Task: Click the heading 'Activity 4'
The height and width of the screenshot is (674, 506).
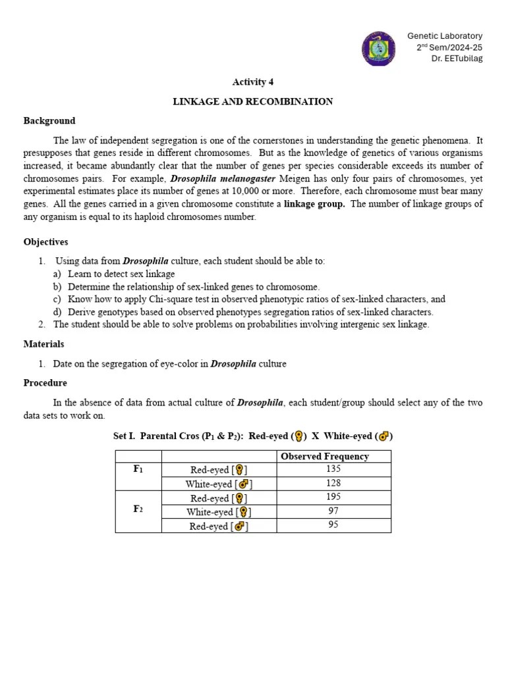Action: pyautogui.click(x=252, y=82)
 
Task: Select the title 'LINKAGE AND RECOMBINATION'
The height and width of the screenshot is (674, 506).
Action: pyautogui.click(x=252, y=101)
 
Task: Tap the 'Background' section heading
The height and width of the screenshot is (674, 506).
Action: pyautogui.click(x=49, y=120)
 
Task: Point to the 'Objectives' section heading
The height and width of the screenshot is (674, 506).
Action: pyautogui.click(x=45, y=242)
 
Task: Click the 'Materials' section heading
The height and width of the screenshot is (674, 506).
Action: pyautogui.click(x=43, y=344)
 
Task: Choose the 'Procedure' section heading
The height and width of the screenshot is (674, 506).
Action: pyautogui.click(x=45, y=382)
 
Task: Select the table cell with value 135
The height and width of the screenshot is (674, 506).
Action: pyautogui.click(x=333, y=469)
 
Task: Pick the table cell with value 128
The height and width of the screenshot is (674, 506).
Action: pyautogui.click(x=333, y=483)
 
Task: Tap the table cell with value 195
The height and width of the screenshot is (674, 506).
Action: pyautogui.click(x=333, y=497)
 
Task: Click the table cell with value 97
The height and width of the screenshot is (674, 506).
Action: pyautogui.click(x=333, y=511)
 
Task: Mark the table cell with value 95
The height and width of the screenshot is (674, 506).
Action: pyautogui.click(x=333, y=525)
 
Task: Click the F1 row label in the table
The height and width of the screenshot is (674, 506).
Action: pyautogui.click(x=138, y=469)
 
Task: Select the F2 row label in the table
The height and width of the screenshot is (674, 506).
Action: pyautogui.click(x=138, y=511)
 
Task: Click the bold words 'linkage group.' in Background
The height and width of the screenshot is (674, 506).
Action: pyautogui.click(x=314, y=203)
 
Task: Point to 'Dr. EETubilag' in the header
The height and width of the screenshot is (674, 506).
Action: pyautogui.click(x=457, y=59)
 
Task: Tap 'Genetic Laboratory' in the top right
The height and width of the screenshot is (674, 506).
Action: pyautogui.click(x=445, y=36)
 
